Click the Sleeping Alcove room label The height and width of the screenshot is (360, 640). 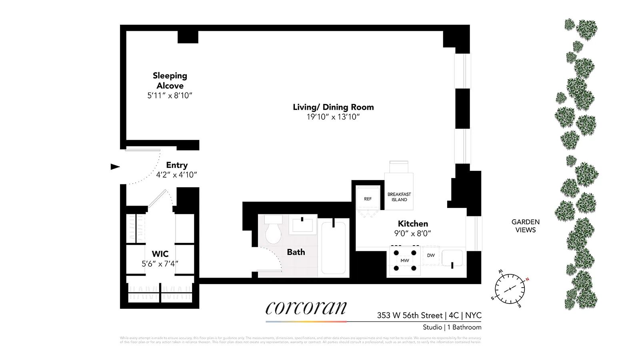tap(170, 80)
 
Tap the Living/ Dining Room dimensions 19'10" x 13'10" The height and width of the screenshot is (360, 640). tap(333, 117)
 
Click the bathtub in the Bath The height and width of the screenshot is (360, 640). tap(334, 248)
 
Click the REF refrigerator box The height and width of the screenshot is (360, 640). tap(368, 199)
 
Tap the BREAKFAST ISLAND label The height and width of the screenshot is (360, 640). tap(399, 197)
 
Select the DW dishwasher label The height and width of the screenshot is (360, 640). tap(431, 255)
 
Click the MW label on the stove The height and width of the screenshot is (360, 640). tap(405, 260)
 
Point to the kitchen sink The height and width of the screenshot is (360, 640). tap(452, 258)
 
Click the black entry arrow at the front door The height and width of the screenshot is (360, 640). tap(115, 167)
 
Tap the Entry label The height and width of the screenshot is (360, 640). tap(177, 165)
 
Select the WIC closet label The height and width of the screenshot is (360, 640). tap(160, 254)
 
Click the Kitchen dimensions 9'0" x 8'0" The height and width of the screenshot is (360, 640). tap(412, 234)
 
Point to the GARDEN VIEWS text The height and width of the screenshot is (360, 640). tap(525, 226)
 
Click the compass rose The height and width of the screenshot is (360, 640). tap(510, 289)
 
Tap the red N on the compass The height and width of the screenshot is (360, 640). tap(527, 279)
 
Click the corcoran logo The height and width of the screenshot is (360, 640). tap(306, 308)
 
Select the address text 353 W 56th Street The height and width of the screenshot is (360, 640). tap(410, 315)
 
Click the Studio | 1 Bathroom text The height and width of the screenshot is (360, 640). tap(452, 327)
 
